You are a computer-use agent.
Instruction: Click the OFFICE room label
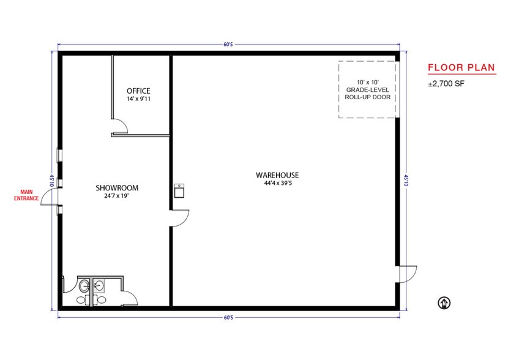(138, 91)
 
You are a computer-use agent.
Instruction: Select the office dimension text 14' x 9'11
(138, 99)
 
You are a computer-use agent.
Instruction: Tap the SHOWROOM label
(117, 188)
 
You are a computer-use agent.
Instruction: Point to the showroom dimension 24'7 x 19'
(117, 197)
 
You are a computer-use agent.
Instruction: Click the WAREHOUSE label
(277, 175)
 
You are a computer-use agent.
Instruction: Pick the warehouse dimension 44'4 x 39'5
(277, 183)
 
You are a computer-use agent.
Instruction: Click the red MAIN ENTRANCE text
(27, 195)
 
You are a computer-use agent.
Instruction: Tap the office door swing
(119, 126)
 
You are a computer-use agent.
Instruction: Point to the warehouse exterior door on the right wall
(407, 274)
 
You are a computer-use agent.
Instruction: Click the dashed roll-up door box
(367, 89)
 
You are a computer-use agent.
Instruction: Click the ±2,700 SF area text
(446, 84)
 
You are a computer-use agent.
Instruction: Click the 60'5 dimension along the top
(228, 45)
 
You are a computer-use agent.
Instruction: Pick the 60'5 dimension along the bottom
(228, 318)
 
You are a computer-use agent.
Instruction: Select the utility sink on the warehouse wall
(179, 192)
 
